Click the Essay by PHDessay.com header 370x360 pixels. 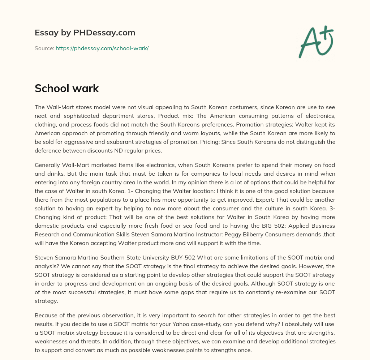85,33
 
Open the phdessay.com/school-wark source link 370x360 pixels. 102,48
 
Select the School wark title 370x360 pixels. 67,89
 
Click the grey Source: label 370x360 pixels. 44,48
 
